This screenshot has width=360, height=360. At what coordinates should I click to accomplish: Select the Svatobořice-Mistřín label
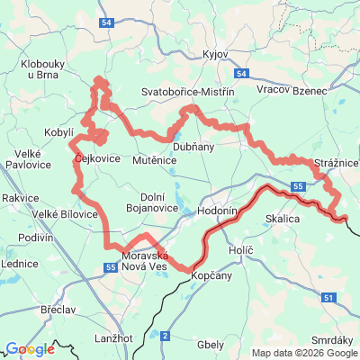pos(188,92)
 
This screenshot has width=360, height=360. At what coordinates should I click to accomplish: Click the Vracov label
pos(272,91)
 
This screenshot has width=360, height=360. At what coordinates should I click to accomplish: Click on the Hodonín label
pos(217,209)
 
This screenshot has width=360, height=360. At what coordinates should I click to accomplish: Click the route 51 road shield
pos(329,297)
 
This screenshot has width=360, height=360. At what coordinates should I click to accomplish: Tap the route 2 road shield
pos(166,336)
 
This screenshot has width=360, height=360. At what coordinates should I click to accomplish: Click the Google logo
pos(30,349)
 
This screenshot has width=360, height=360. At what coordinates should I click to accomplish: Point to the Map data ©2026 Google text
pos(304,353)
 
